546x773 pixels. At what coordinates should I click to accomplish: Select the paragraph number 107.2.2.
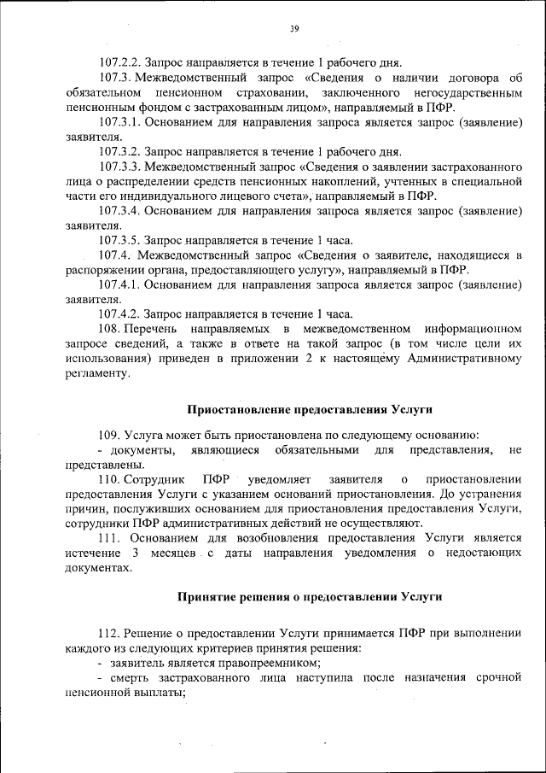coord(120,62)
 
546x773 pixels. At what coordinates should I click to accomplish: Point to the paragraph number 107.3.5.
coord(120,240)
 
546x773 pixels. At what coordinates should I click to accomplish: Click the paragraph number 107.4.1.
coord(120,284)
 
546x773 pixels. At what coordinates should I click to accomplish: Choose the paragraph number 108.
coord(108,329)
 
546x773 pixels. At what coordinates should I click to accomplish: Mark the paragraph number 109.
coord(108,434)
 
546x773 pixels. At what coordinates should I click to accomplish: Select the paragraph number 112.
coord(108,633)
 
